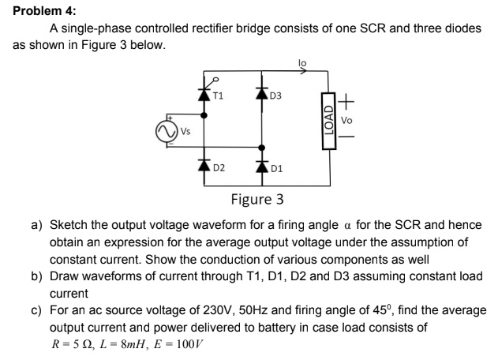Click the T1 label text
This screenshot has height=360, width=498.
(219, 97)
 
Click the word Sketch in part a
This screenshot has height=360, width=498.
(70, 225)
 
